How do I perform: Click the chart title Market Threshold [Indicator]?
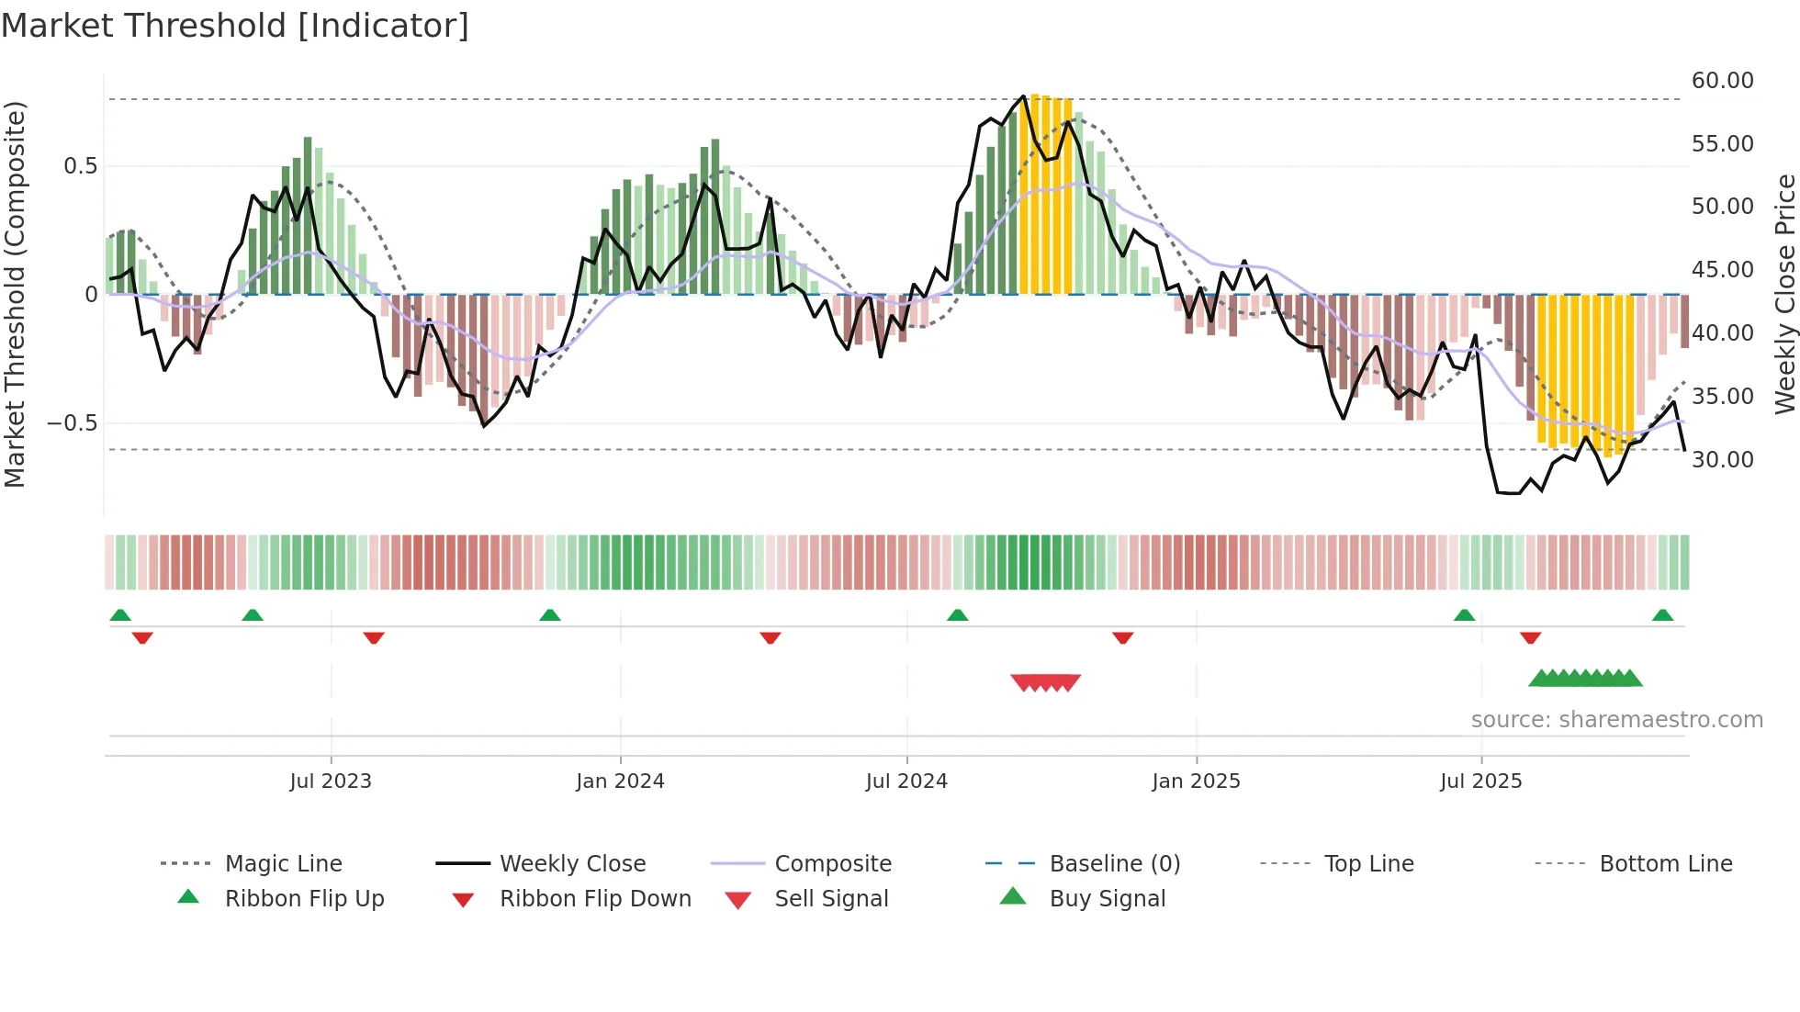(235, 26)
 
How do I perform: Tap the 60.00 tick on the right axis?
(1722, 81)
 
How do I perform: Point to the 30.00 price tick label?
(1722, 459)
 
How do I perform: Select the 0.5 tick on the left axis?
(80, 166)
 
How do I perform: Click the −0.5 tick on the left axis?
(73, 423)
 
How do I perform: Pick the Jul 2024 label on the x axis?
(906, 781)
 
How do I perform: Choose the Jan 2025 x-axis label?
(1196, 781)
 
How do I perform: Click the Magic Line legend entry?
(283, 864)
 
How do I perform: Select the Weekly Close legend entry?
(572, 864)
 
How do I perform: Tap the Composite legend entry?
(832, 864)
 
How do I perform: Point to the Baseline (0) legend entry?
(1114, 864)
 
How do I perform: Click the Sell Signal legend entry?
(830, 899)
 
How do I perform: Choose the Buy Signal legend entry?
(1107, 899)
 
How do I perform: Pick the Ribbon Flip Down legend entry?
(594, 899)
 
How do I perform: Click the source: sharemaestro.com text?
(1616, 720)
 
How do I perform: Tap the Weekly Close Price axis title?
(1784, 294)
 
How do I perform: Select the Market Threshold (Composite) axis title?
(16, 294)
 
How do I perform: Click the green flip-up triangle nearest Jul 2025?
(1464, 615)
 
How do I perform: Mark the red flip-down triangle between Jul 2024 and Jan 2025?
(1122, 637)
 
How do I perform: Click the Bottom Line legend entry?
(1665, 864)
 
